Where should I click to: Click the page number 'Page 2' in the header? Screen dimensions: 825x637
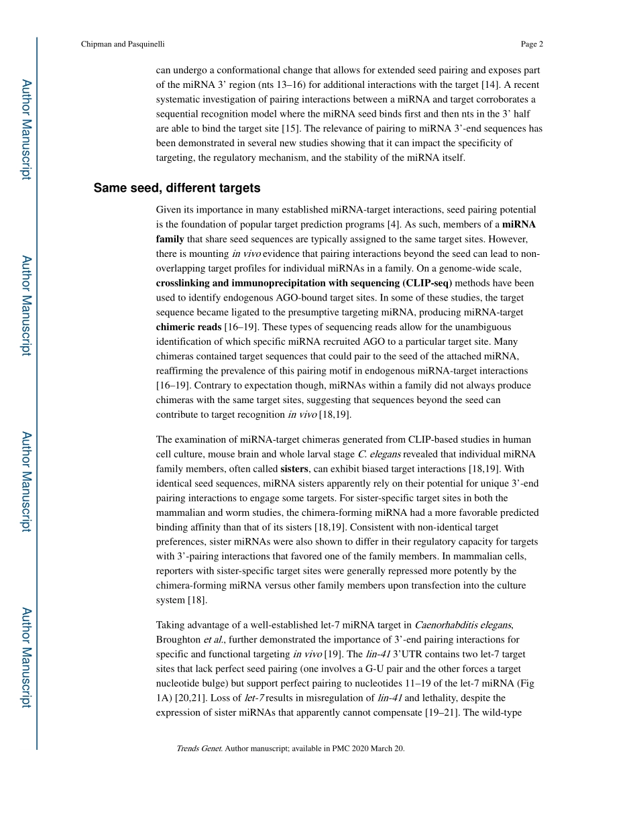[x=531, y=44]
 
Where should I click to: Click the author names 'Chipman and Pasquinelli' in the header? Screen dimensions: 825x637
[x=122, y=44]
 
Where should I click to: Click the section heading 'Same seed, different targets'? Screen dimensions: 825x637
[x=177, y=188]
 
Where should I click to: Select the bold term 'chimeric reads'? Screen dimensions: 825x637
[x=188, y=327]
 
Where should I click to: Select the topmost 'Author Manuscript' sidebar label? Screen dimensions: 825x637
[x=25, y=129]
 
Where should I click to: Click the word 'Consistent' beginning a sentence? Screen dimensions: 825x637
[x=371, y=527]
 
